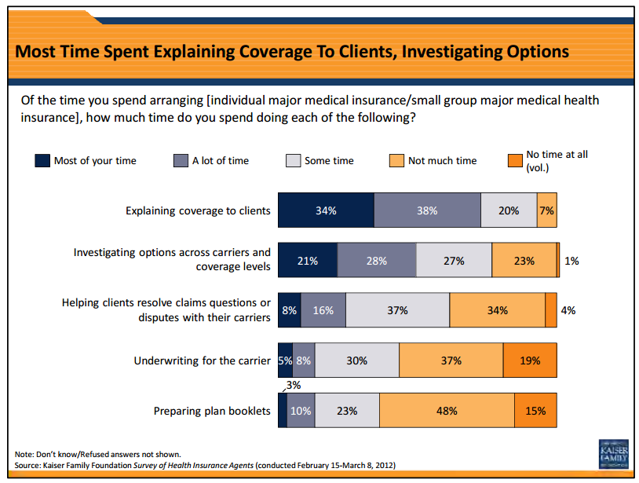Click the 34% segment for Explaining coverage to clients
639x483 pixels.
(x=326, y=210)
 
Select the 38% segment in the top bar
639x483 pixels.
(x=427, y=210)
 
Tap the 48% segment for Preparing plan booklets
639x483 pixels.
(x=447, y=410)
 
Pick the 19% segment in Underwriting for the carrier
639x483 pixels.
(x=530, y=360)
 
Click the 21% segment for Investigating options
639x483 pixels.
(x=308, y=261)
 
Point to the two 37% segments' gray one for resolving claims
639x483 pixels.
(x=397, y=310)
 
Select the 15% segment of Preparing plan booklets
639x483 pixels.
(x=535, y=410)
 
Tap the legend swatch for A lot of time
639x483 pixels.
(x=181, y=161)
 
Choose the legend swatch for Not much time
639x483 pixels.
(x=396, y=161)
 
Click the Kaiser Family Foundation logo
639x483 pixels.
(x=612, y=453)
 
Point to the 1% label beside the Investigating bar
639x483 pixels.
(x=571, y=261)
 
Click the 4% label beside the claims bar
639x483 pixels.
(x=568, y=310)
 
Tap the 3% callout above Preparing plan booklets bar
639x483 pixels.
(x=293, y=385)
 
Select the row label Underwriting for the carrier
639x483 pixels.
(x=203, y=360)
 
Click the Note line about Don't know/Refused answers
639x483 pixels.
(x=98, y=454)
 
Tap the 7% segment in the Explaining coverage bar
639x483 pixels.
(x=547, y=210)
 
